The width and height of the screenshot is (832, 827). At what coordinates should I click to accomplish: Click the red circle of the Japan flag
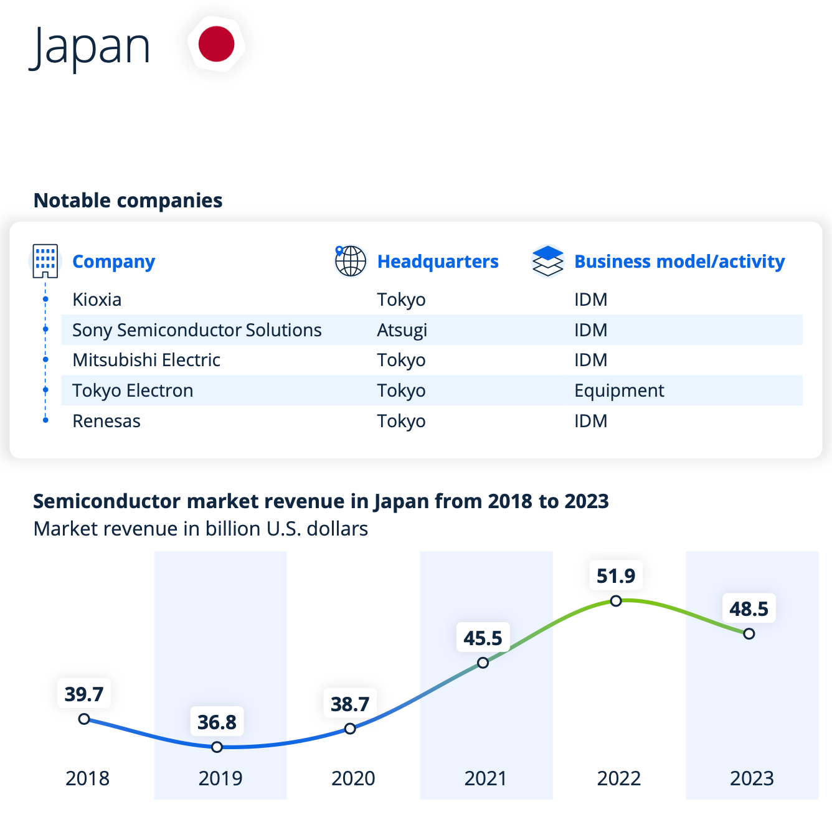(216, 44)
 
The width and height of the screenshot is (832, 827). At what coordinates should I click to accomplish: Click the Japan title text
(90, 47)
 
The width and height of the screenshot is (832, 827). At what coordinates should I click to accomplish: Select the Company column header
(113, 262)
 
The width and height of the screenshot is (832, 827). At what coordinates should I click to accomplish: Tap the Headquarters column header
(438, 262)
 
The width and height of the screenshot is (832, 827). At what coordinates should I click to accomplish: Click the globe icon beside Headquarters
(350, 261)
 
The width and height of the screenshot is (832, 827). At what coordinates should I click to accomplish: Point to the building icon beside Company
(45, 261)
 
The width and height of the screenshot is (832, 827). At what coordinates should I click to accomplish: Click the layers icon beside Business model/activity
(547, 261)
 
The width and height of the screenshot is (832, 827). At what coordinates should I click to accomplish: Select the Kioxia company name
(97, 300)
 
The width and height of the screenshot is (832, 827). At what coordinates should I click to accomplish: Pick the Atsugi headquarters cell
(402, 330)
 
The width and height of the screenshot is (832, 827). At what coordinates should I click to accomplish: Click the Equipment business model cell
(619, 390)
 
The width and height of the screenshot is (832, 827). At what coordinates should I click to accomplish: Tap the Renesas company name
(106, 421)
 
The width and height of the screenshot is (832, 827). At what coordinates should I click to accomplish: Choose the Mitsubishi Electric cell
(146, 360)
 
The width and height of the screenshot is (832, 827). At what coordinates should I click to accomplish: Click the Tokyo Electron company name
(133, 390)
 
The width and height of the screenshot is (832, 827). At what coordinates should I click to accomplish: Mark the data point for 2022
(616, 601)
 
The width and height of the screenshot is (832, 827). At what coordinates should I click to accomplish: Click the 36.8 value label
(217, 722)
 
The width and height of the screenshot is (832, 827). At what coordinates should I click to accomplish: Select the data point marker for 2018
(84, 719)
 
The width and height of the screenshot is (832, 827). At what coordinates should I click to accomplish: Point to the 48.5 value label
(749, 608)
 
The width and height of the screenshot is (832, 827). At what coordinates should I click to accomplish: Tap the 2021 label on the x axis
(486, 778)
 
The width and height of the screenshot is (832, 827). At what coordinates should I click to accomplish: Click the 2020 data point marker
(350, 729)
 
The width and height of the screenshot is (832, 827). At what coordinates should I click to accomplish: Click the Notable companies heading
(128, 201)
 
